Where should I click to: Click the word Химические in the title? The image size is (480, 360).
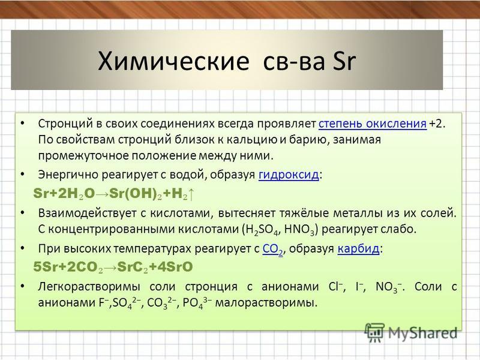click(x=173, y=61)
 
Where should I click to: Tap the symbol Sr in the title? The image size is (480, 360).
click(x=343, y=61)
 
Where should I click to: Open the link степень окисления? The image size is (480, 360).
click(x=373, y=124)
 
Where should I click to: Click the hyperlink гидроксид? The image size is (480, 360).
click(x=289, y=175)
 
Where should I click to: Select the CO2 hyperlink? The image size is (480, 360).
click(x=273, y=249)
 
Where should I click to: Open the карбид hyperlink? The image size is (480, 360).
click(x=358, y=248)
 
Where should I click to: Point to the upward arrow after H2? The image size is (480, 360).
click(x=191, y=194)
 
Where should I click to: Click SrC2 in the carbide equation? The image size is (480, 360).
click(x=133, y=267)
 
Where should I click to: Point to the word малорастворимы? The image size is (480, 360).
click(x=266, y=303)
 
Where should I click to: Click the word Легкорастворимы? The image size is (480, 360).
click(x=89, y=287)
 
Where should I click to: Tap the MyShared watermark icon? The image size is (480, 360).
click(x=374, y=332)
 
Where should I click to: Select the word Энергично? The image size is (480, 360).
click(x=68, y=175)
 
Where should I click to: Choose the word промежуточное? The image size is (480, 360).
click(x=83, y=156)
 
